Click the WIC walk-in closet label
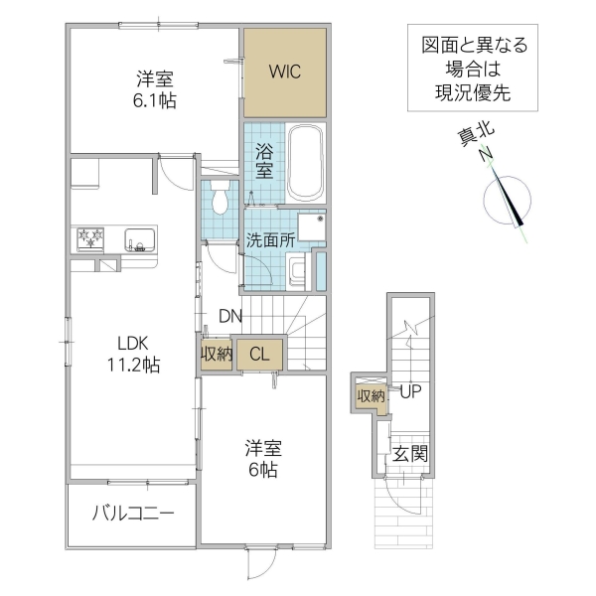point(284,72)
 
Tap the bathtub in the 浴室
point(306,163)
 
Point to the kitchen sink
point(138,239)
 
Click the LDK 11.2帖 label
point(133,354)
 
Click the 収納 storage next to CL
point(216,353)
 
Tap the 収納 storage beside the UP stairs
point(371,396)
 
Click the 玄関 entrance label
point(410,454)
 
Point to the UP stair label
point(411,392)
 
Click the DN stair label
point(230,317)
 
